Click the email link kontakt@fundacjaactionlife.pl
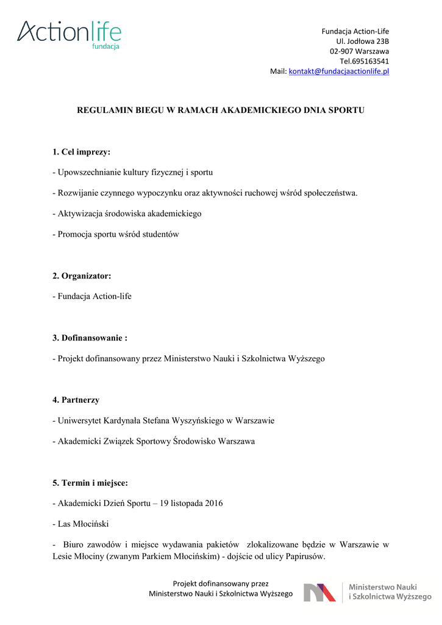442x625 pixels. click(x=339, y=71)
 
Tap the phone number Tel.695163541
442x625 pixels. click(x=365, y=61)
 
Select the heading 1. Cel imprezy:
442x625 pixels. click(x=81, y=151)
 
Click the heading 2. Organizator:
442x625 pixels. click(x=82, y=276)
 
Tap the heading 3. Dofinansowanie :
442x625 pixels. click(x=90, y=338)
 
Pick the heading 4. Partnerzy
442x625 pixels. click(x=76, y=400)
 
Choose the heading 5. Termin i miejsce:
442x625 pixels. click(x=90, y=483)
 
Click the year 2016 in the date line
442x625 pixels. click(x=213, y=504)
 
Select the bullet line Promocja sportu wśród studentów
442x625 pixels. click(x=116, y=234)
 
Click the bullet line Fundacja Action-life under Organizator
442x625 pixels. click(x=92, y=297)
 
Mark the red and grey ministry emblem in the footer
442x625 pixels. click(x=319, y=592)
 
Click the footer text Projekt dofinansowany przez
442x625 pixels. click(x=221, y=583)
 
